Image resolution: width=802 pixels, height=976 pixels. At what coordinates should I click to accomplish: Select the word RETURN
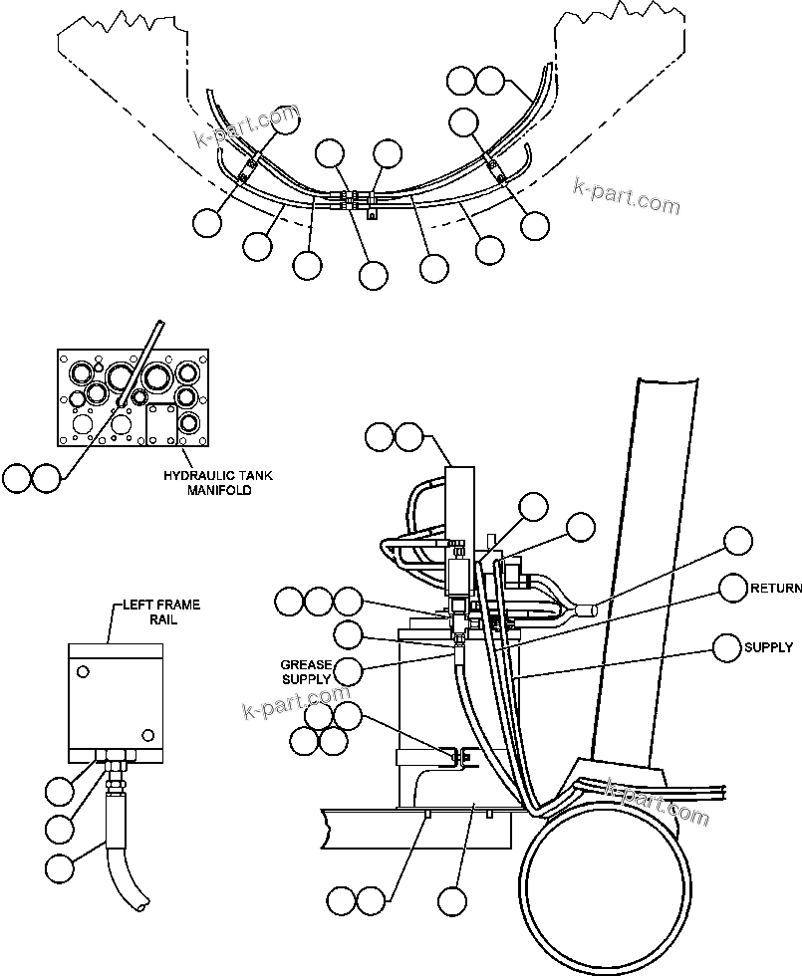776,589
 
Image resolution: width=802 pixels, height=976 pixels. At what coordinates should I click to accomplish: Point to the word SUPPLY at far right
768,647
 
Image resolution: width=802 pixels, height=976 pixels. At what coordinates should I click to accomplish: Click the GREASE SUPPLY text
305,672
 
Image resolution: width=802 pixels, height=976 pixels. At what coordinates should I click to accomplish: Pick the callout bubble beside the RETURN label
733,589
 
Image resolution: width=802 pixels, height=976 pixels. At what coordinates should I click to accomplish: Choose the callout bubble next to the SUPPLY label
727,647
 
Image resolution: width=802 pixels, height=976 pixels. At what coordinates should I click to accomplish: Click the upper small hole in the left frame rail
85,668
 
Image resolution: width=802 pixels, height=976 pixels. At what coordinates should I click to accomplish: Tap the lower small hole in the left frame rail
147,735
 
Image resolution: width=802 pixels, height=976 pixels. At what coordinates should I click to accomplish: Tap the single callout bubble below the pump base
452,902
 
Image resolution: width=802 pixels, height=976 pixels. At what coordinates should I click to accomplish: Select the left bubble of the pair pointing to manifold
16,478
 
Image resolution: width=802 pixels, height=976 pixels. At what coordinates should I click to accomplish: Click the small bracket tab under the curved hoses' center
373,212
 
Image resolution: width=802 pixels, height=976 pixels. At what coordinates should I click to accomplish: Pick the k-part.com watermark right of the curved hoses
627,196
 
